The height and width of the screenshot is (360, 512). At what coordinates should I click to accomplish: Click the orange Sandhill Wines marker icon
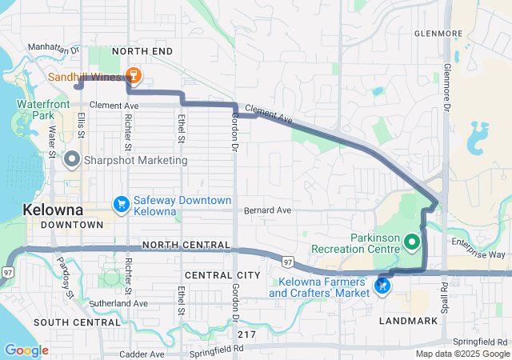tap(134, 77)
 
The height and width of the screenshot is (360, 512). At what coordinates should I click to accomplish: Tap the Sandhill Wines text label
tap(86, 78)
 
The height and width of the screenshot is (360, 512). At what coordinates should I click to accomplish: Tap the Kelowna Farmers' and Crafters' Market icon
tap(385, 285)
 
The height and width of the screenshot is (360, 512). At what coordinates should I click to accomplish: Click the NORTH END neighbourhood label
tap(142, 51)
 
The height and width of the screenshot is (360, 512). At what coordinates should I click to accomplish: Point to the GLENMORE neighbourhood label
tap(438, 34)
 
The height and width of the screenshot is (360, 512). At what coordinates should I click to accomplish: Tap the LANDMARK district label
tap(410, 321)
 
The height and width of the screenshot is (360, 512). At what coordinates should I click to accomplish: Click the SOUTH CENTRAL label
tap(77, 322)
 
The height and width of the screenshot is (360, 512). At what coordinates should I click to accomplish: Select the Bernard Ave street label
tap(268, 210)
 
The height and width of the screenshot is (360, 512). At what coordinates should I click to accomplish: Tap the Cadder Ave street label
tap(141, 354)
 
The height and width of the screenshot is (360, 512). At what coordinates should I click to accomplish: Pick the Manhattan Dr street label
tap(55, 48)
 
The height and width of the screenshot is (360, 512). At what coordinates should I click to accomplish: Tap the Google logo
tap(26, 350)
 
